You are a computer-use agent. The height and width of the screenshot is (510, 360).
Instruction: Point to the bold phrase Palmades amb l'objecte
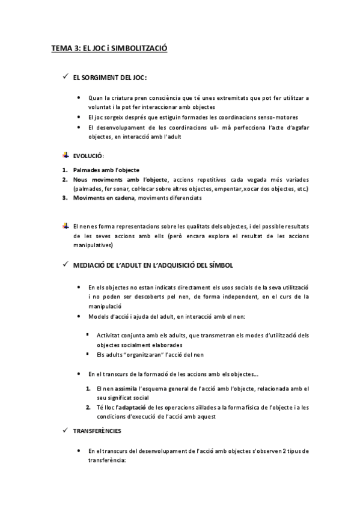[106, 170]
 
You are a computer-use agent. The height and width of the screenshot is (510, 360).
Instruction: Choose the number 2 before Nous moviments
[64, 179]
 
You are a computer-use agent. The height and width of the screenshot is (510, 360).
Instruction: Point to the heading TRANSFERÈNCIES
[97, 431]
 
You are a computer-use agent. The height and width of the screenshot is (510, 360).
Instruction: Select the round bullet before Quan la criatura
[80, 98]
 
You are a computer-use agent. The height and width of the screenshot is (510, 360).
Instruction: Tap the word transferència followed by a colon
[106, 459]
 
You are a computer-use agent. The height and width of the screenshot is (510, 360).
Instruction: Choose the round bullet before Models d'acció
[80, 316]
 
